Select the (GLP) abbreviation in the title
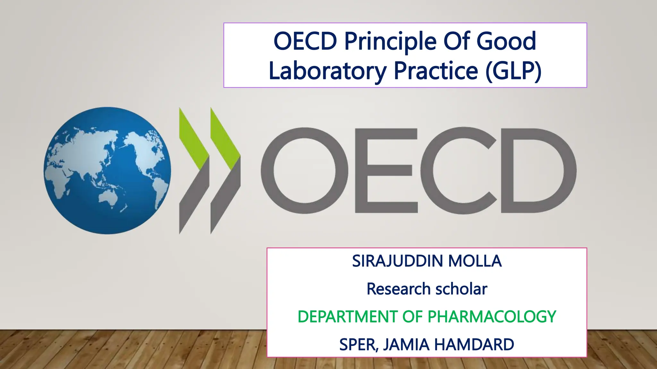pyautogui.click(x=513, y=71)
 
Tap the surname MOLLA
pyautogui.click(x=475, y=261)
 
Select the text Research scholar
pyautogui.click(x=427, y=289)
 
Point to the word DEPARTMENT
pyautogui.click(x=348, y=317)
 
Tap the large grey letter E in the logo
pyautogui.click(x=385, y=170)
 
